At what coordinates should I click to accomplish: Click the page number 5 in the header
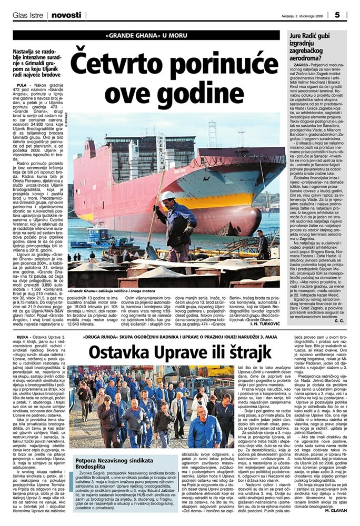pos(351,14)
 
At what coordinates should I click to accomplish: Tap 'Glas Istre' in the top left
pos(28,15)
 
